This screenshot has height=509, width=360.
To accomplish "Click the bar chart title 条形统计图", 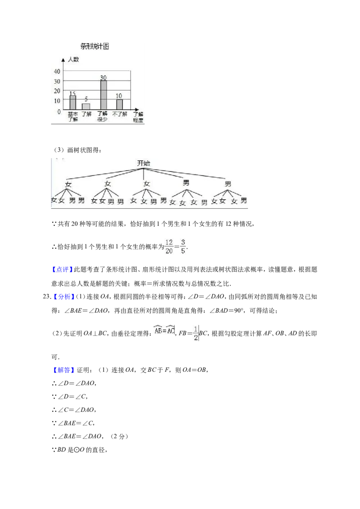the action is (95, 46).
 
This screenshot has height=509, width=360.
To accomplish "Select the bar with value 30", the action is (103, 95).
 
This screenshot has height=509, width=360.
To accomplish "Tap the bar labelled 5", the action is (86, 106).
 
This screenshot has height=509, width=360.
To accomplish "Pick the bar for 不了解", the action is (120, 104).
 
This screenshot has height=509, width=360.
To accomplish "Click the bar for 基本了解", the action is (73, 102).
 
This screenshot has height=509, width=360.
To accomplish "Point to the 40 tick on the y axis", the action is (57, 71).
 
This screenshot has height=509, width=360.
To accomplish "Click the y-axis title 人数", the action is (73, 59).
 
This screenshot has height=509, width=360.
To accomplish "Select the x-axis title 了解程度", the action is (138, 117).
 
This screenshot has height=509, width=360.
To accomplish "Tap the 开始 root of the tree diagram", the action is (144, 163).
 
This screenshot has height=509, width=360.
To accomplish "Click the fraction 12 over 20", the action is (169, 247).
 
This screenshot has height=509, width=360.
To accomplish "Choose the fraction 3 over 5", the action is (183, 247).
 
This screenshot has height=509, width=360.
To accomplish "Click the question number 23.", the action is (47, 297).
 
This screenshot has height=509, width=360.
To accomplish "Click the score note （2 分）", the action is (119, 437).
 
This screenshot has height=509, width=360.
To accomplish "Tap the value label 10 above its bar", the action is (119, 96).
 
